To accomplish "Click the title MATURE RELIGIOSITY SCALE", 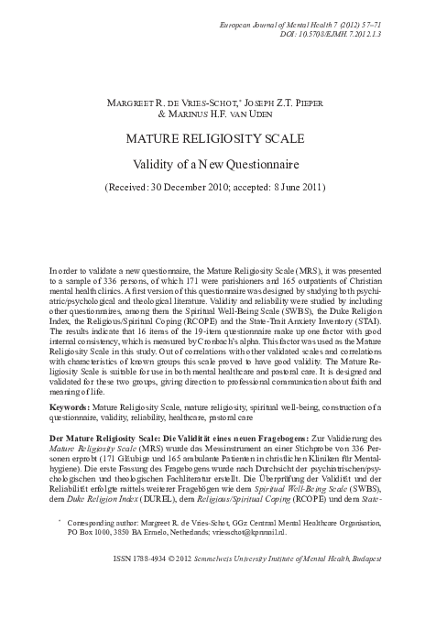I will [x=218, y=141].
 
